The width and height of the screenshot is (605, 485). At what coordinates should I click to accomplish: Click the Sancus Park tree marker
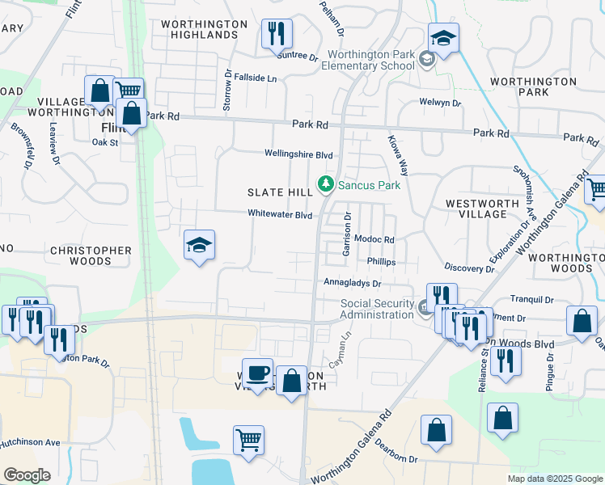326,184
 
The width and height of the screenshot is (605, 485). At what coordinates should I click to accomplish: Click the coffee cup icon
258,373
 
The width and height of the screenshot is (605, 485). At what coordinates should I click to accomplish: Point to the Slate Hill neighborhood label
280,192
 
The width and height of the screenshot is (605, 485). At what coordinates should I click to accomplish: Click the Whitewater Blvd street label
280,215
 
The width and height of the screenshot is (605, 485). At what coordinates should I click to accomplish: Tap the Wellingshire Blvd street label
298,154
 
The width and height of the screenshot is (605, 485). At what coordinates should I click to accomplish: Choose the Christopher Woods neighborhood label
91,255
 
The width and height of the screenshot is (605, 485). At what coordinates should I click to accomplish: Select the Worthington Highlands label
204,30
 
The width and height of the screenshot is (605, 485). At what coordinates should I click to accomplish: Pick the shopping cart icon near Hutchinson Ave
248,441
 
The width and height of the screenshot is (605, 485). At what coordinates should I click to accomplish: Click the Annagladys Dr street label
352,285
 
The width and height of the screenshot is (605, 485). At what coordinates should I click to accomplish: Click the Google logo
27,475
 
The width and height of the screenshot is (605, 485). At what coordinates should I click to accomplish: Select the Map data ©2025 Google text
554,479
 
